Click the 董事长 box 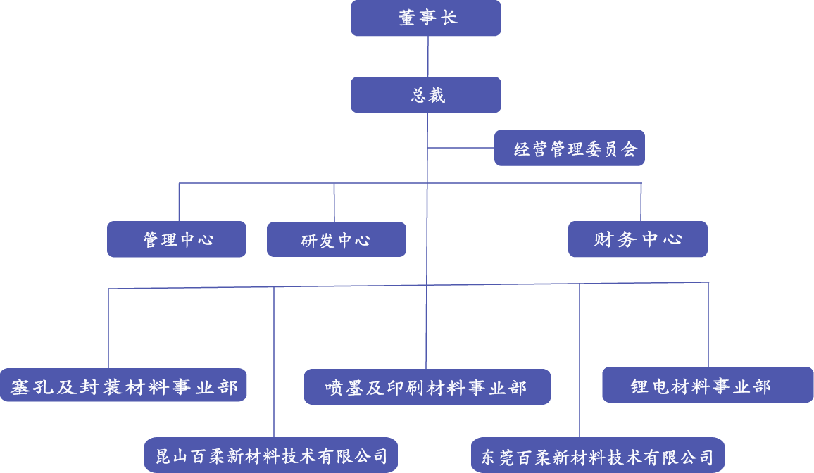(425, 18)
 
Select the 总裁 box (425, 95)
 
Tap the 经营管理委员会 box (569, 148)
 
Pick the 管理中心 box (177, 239)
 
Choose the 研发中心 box (336, 239)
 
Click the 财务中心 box (637, 239)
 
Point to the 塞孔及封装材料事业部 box (123, 385)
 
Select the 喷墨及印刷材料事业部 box (427, 386)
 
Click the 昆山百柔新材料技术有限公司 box (271, 455)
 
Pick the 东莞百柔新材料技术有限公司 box (597, 455)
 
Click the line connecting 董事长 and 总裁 (427, 56)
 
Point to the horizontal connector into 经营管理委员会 (461, 148)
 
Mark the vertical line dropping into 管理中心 (179, 202)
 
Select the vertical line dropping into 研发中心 (334, 202)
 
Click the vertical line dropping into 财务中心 (641, 202)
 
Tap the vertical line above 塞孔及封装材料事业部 (108, 327)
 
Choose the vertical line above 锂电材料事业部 (708, 324)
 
